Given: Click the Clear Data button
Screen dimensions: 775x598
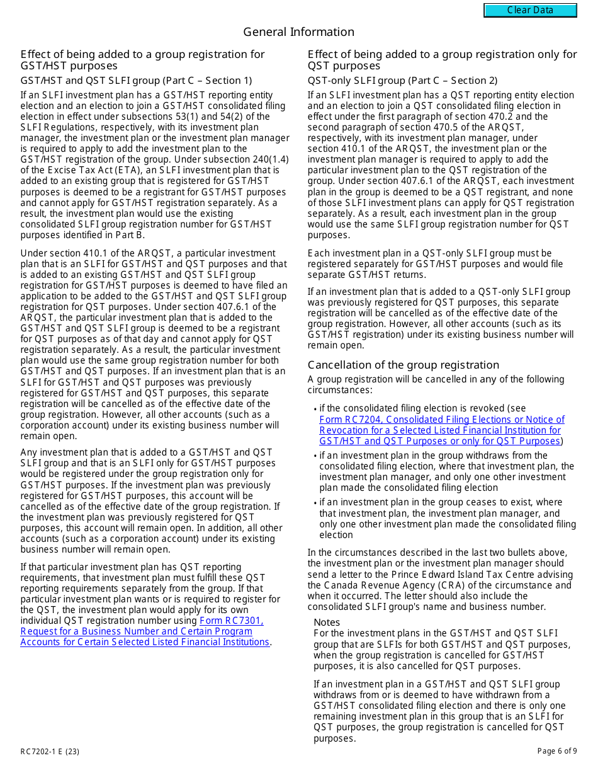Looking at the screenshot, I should tap(530, 10).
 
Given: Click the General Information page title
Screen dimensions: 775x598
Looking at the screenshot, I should tap(298, 32).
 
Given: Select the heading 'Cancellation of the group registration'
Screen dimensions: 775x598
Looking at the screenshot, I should tap(403, 365).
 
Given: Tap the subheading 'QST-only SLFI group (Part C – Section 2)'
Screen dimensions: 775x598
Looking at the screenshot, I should tap(402, 81).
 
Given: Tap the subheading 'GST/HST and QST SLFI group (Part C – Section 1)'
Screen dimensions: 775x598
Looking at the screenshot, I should tap(136, 81).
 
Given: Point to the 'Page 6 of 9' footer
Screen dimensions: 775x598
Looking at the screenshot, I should tap(556, 751).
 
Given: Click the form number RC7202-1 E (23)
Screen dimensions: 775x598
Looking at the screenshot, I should tap(50, 751).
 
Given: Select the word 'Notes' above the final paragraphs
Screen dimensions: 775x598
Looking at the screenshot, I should tap(327, 623).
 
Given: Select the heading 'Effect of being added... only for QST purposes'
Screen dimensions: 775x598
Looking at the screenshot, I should tap(442, 60).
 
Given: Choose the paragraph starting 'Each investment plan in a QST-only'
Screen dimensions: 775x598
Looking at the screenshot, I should tap(435, 264).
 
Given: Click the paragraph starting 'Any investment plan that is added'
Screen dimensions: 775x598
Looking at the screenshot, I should tap(150, 501).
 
